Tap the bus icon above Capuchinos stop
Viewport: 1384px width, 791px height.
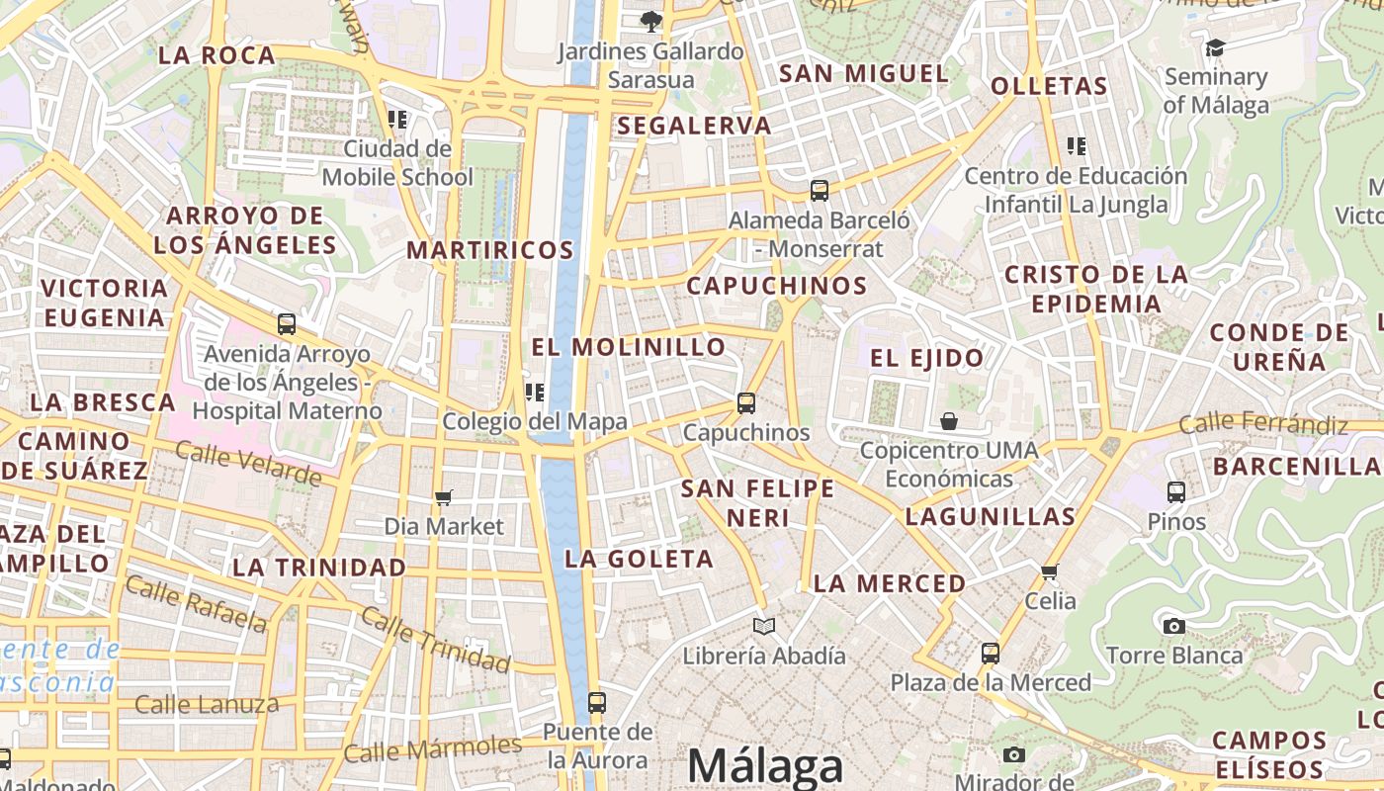(x=746, y=403)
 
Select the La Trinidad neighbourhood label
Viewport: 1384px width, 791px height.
(x=319, y=568)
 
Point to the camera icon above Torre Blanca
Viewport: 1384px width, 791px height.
(x=1174, y=626)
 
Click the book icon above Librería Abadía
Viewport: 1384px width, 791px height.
(x=764, y=626)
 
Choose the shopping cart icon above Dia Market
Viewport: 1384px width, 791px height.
(x=444, y=497)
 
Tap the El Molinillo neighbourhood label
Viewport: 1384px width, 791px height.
(x=629, y=347)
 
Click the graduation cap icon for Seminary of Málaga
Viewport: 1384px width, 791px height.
(x=1215, y=47)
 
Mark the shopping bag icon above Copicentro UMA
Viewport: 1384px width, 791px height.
(x=949, y=421)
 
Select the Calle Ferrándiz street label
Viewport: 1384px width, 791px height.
(x=1263, y=424)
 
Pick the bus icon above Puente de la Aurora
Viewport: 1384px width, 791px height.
(x=596, y=703)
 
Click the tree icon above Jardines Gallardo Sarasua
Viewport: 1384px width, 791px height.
(x=650, y=21)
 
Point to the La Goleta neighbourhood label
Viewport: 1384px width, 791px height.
(x=639, y=559)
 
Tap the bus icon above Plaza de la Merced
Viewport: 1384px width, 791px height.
(x=991, y=654)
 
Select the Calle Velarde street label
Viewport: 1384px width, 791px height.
(x=248, y=464)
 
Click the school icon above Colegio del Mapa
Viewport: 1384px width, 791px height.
(x=535, y=393)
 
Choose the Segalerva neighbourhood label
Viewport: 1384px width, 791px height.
(x=694, y=126)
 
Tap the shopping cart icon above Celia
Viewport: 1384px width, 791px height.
(x=1050, y=571)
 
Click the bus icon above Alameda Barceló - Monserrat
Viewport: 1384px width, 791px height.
(x=819, y=191)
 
